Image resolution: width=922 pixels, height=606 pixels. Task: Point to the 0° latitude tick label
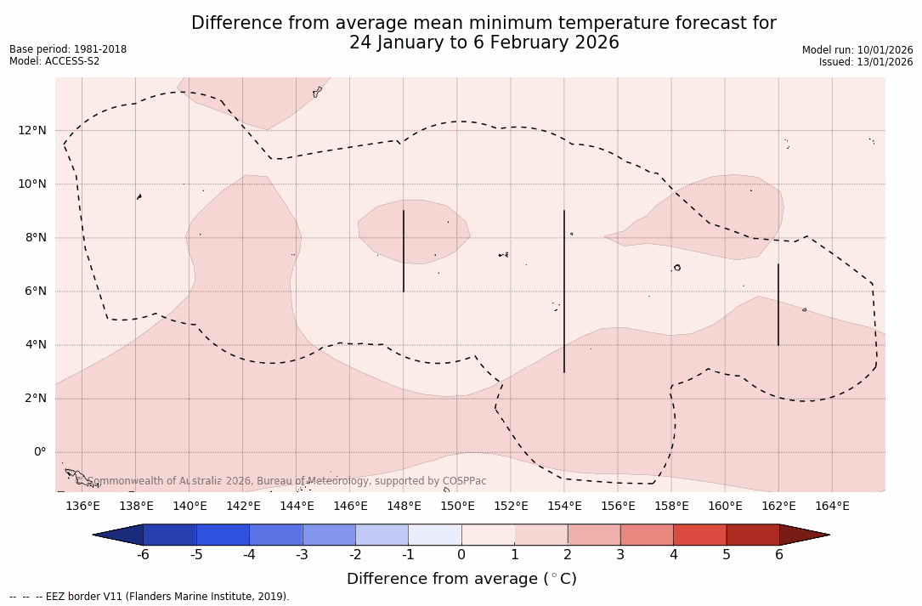[x=39, y=452]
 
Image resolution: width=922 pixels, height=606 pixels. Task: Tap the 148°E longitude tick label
[x=404, y=507]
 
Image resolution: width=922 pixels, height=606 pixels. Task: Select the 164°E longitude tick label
[x=832, y=507]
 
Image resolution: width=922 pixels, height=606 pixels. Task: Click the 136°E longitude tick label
[x=82, y=507]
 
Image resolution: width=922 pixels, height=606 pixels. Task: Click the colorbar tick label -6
[x=143, y=555]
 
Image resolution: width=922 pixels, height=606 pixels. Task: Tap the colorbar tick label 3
[x=620, y=555]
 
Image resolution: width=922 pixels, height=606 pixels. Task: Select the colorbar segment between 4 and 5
[x=699, y=535]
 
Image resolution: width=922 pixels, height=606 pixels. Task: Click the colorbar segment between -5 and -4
[x=223, y=535]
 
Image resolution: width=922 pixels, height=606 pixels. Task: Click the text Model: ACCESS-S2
[x=54, y=61]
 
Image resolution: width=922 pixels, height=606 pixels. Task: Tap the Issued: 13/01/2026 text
[x=866, y=62]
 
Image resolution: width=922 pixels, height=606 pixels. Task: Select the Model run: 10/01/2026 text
[x=857, y=50]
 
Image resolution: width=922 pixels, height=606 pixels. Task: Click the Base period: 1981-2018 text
[x=68, y=49]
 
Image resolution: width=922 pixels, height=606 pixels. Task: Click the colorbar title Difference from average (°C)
[x=461, y=579]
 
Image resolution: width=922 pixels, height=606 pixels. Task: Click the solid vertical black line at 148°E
[x=404, y=251]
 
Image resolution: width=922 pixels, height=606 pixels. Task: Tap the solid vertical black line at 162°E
[x=778, y=304]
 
